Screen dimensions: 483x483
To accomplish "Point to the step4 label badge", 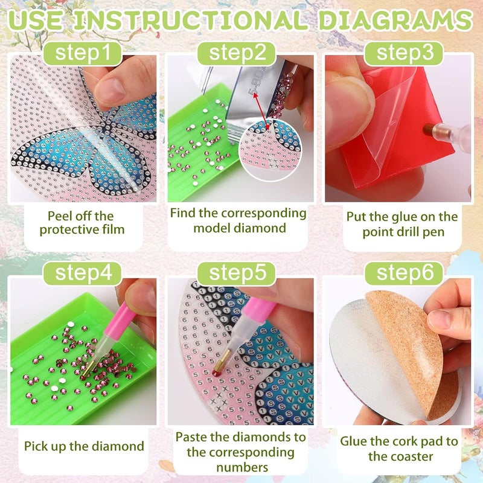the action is [x=83, y=273].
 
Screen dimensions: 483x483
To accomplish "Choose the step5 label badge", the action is [x=237, y=273].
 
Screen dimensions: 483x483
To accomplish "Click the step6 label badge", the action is [x=404, y=273].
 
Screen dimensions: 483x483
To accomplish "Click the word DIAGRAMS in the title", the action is [x=395, y=20].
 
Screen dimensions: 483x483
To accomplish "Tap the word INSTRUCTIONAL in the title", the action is [x=191, y=20].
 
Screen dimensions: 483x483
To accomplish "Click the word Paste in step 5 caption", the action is [x=192, y=437].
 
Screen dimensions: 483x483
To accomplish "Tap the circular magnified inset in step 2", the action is [x=270, y=150].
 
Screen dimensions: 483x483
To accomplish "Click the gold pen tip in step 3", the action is [x=428, y=130].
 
